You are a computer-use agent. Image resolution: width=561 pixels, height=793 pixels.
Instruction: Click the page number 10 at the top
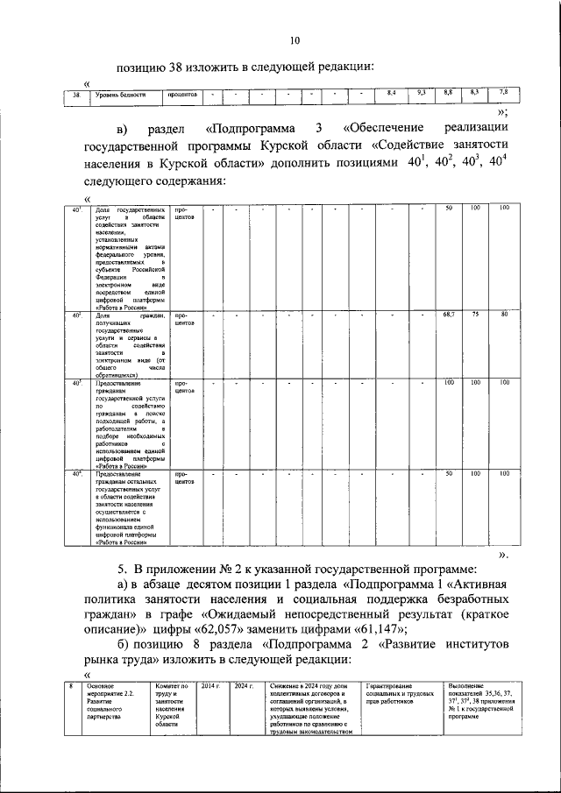tap(295, 39)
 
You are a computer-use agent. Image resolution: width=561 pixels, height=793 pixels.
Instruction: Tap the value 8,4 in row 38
tap(393, 93)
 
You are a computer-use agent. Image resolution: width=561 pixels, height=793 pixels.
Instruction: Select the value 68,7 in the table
tap(448, 314)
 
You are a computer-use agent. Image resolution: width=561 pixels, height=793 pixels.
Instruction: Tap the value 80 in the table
tap(504, 314)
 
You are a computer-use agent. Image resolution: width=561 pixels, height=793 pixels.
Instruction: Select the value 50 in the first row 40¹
tap(448, 208)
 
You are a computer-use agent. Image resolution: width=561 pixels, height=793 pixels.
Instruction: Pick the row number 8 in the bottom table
tap(71, 685)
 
